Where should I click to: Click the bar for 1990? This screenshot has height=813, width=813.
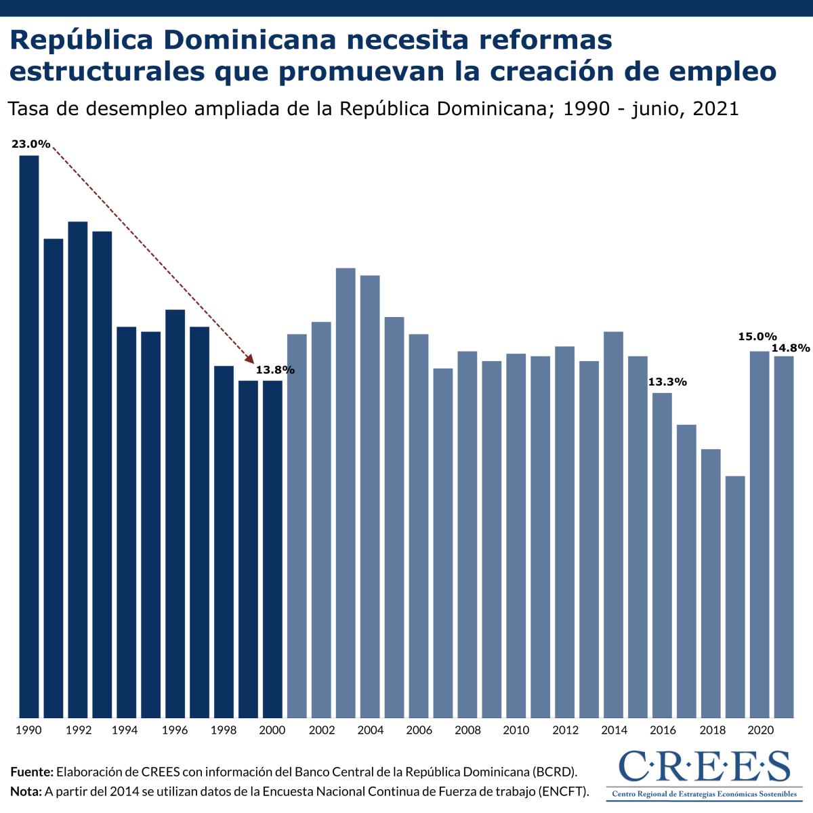[29, 436]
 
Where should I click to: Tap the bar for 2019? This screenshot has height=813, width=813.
[735, 596]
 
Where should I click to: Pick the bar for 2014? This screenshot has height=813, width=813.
[613, 524]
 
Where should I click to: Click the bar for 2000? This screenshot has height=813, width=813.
[272, 549]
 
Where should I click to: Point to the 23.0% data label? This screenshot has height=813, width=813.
[30, 144]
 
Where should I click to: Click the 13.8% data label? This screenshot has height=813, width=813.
[275, 370]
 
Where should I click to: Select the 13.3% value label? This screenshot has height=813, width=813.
[667, 382]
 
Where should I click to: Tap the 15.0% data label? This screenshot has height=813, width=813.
[757, 337]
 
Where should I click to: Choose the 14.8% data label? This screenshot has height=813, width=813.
[791, 348]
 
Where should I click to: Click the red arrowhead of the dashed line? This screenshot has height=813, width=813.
[249, 361]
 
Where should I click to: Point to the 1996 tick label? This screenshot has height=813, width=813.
[175, 730]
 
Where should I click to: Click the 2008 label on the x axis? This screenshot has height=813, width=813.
[467, 730]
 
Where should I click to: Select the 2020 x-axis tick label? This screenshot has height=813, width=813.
[760, 730]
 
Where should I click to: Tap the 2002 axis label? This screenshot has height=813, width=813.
[321, 730]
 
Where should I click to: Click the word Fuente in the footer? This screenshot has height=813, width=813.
[31, 772]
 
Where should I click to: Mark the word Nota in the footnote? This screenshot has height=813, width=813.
[26, 791]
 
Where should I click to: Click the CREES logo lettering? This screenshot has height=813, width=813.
[705, 766]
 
